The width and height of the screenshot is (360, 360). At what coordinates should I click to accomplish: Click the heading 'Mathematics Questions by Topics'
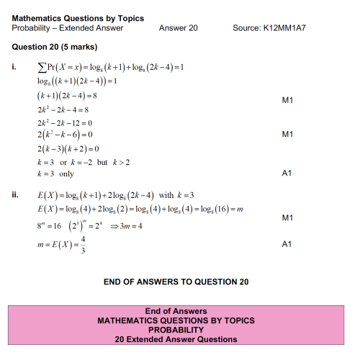(78, 17)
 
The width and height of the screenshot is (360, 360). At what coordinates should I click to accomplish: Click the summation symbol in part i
(41, 67)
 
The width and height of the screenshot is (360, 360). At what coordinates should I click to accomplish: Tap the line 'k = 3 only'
(55, 174)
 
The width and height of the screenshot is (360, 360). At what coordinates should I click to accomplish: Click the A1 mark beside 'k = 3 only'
(287, 174)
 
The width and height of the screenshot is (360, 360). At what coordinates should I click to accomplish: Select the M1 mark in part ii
(287, 217)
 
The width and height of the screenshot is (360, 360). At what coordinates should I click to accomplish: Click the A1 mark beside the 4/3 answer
(287, 245)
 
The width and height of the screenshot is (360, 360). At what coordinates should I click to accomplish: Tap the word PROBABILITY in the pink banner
(176, 330)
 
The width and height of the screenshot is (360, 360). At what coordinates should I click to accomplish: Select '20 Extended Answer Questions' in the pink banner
(176, 339)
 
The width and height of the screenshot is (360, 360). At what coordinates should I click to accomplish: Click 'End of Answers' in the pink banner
(176, 311)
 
